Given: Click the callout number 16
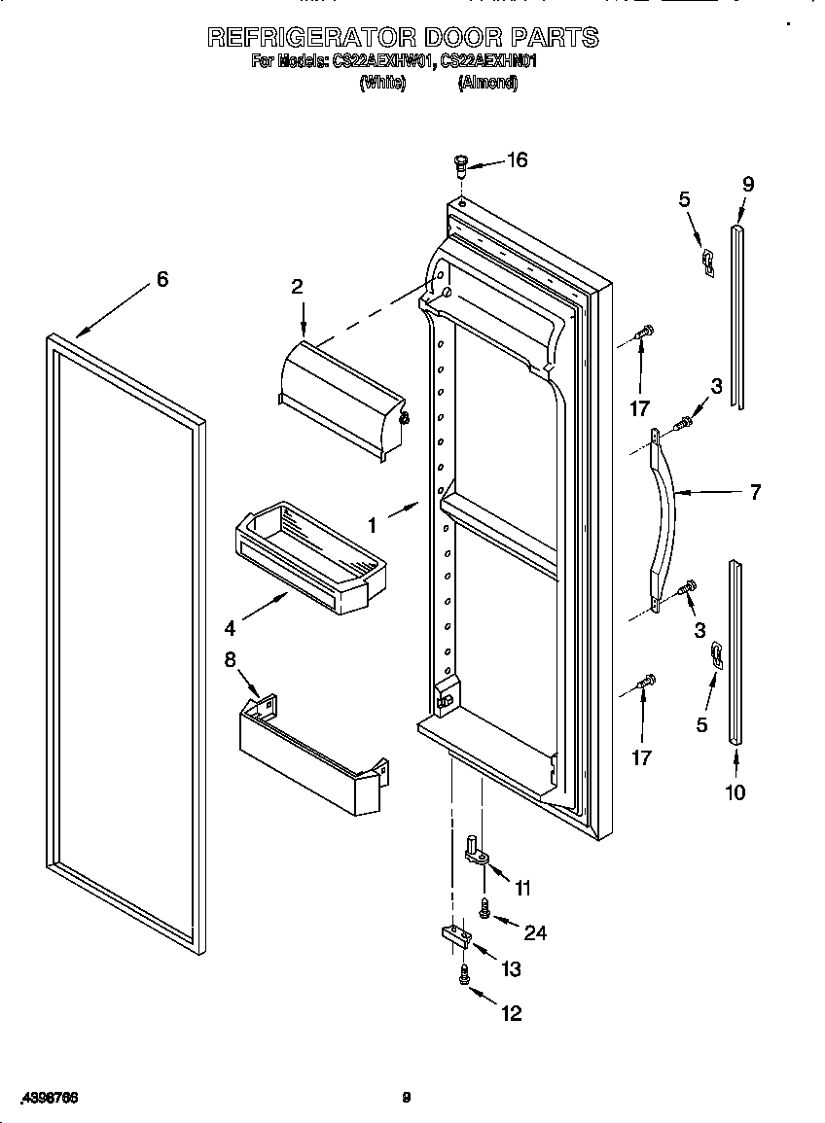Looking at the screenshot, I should [517, 159].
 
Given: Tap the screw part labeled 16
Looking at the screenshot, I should [462, 164].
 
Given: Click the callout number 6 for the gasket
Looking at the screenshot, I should [162, 279].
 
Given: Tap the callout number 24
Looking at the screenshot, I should [534, 932].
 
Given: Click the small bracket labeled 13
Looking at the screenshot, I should [454, 937].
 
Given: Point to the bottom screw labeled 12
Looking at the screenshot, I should [465, 975].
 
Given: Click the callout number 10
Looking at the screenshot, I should [735, 792].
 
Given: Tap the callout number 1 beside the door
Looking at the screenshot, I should [372, 524].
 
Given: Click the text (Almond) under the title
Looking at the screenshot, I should [487, 84].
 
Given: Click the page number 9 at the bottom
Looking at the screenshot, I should [407, 1098].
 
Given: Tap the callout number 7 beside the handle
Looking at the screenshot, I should [755, 492].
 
